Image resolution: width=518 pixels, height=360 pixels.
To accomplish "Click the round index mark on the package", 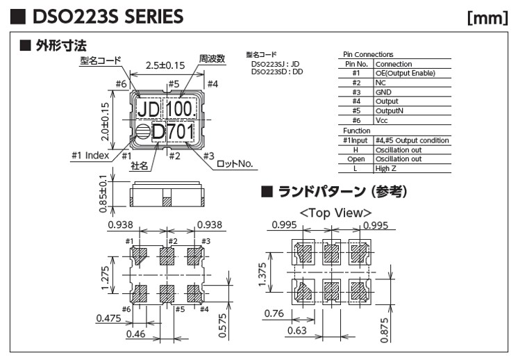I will [142, 132].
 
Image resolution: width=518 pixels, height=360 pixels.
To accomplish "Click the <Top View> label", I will [335, 213].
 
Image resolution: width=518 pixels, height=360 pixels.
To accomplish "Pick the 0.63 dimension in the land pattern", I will [296, 331].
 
